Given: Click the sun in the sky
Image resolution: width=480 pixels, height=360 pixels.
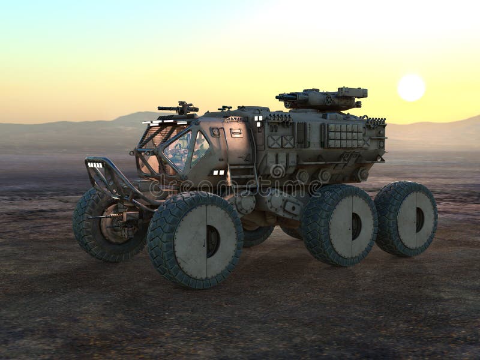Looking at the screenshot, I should coord(411,88).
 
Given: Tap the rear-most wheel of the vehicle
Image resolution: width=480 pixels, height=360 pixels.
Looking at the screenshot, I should coord(406,219).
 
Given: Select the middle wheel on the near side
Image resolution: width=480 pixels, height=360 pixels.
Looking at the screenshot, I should coord(340,225).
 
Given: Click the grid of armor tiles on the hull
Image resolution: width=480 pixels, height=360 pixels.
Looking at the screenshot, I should coord(345,136).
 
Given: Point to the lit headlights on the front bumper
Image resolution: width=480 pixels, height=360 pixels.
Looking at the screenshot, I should coord(95,164).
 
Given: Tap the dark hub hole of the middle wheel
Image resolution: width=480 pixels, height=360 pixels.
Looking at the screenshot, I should coord(356,226).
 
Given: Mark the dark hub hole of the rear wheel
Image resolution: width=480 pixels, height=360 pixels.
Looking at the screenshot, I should coord(420,220).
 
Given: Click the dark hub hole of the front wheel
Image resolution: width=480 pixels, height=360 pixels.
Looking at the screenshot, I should coord(213,241).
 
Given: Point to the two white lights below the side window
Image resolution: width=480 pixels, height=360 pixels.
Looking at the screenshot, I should coord(219,173).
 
